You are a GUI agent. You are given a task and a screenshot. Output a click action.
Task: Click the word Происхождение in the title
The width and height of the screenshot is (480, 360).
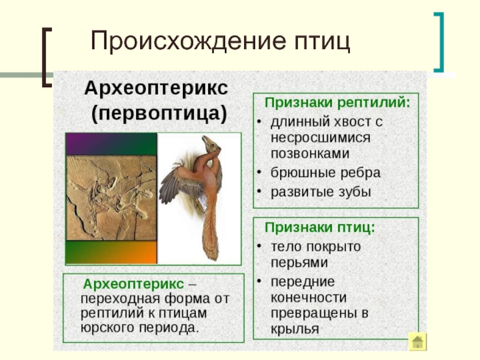tap(189, 41)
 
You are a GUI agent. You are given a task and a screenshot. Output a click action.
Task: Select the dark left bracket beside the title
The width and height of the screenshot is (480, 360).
tap(47, 57)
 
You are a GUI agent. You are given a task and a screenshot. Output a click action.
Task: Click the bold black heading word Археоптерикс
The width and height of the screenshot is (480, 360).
tap(156, 88)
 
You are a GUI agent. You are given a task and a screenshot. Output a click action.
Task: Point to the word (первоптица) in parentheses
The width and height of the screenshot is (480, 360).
tap(159, 113)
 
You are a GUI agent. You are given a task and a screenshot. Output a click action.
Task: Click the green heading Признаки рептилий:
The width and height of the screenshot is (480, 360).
tap(337, 103)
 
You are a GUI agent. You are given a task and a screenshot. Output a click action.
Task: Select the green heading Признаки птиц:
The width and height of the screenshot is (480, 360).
tap(320, 228)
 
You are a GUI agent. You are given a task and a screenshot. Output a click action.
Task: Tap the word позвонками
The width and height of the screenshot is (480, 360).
tap(310, 154)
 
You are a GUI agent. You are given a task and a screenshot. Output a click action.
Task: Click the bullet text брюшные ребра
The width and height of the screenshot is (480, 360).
tap(325, 173)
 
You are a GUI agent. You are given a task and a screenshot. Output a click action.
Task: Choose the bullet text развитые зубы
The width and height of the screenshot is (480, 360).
tap(321, 192)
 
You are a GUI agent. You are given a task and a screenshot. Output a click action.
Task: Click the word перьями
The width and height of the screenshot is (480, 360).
tap(299, 263)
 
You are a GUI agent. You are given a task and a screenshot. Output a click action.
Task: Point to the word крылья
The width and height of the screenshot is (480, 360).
tap(295, 329)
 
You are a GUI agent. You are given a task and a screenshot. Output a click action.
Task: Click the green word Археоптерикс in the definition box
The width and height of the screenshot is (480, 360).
tap(133, 284)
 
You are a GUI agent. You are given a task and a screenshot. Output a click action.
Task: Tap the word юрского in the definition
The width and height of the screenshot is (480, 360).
tap(107, 328)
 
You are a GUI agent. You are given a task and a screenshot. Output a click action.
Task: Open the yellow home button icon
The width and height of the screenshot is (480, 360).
tap(418, 341)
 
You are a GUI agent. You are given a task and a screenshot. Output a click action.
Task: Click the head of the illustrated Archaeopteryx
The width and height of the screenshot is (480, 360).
tap(211, 144)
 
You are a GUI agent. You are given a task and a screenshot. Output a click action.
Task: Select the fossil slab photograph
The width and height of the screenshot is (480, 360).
tap(112, 198)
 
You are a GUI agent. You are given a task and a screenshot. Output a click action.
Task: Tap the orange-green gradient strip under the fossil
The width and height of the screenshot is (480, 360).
tap(112, 252)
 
